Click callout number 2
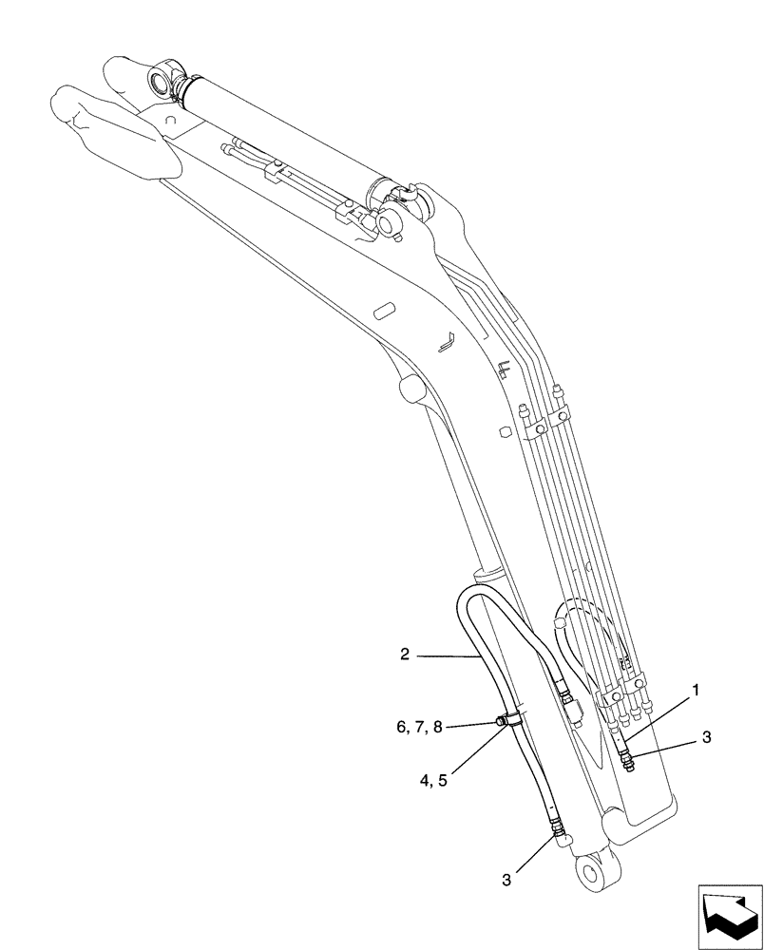(x=405, y=654)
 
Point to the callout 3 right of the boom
(x=705, y=736)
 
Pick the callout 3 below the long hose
(x=507, y=881)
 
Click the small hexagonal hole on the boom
(x=504, y=434)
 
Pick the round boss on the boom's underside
(x=411, y=388)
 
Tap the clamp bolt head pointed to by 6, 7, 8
(x=500, y=726)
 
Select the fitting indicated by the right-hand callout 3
(x=628, y=758)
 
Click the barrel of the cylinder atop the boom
(x=285, y=133)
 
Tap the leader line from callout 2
(x=447, y=655)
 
